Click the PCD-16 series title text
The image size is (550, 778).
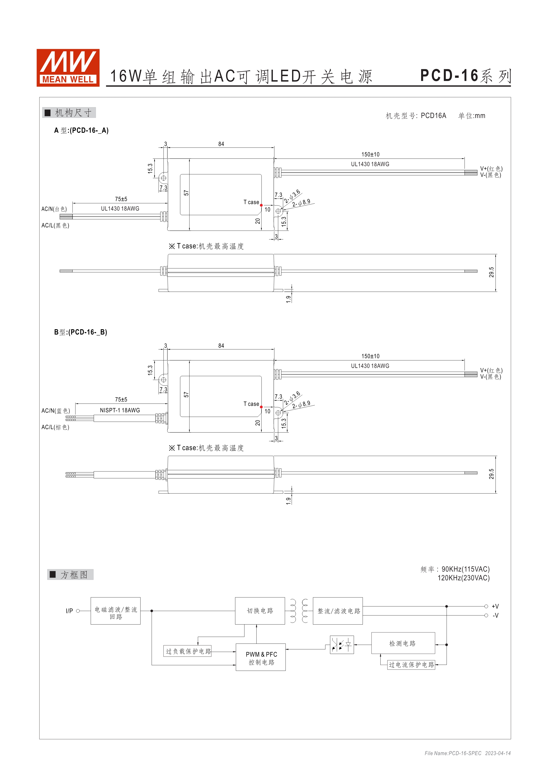click(x=465, y=76)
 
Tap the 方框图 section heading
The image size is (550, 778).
click(x=71, y=575)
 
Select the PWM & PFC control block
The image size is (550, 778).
click(x=261, y=658)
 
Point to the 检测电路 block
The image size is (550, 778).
click(x=403, y=643)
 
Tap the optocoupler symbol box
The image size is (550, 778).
click(x=342, y=645)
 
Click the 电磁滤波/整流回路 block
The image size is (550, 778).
click(x=116, y=611)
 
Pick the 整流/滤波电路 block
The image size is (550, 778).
click(x=338, y=611)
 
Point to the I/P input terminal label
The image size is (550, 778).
click(x=69, y=611)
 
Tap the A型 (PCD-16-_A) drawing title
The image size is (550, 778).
click(x=81, y=130)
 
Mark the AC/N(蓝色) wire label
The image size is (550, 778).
click(x=55, y=411)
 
